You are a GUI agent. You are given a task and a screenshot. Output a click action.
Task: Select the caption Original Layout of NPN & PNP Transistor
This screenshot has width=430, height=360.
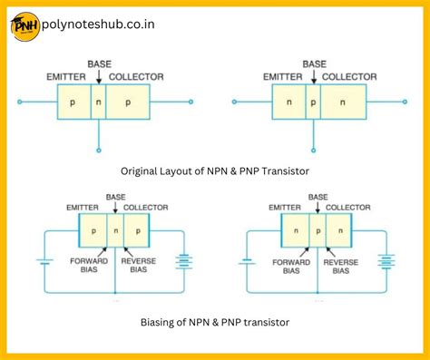[214, 170]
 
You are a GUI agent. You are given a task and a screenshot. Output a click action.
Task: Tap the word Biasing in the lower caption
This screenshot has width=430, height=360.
[158, 323]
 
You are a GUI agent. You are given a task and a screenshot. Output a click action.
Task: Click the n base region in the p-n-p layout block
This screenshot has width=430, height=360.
[98, 102]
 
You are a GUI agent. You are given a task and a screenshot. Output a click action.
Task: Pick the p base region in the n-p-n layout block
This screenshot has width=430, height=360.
[312, 102]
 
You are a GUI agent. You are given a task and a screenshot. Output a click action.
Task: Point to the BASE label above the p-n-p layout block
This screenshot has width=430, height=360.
[99, 64]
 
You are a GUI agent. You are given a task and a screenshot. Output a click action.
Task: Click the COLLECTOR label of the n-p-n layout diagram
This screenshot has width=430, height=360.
[349, 76]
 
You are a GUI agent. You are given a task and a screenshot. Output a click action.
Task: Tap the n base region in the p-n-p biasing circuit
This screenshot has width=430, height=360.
[114, 231]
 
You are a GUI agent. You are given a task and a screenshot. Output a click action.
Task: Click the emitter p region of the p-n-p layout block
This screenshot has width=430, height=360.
[73, 102]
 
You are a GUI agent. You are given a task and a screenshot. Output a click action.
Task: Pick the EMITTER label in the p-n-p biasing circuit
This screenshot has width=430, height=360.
[82, 208]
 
